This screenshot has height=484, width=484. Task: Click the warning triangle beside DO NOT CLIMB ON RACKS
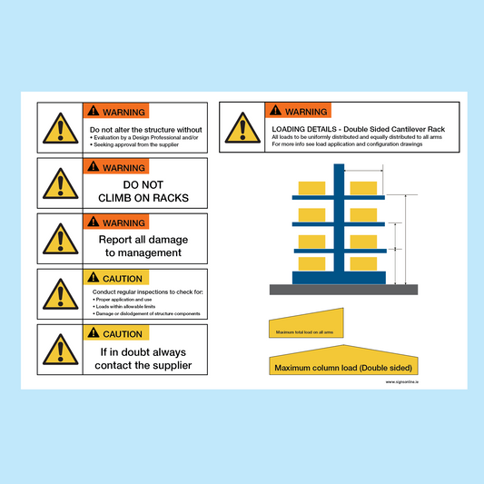61,184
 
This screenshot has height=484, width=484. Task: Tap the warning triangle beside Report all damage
61,240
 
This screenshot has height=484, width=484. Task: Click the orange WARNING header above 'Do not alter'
115,113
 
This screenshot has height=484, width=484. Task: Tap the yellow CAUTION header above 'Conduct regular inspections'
115,279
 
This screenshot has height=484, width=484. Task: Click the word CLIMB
123,196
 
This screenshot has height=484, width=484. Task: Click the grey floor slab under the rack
342,289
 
